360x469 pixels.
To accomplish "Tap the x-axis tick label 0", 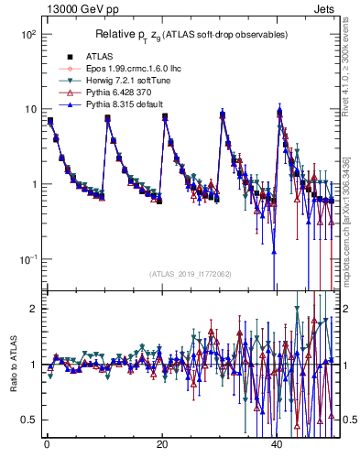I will coord(47,444).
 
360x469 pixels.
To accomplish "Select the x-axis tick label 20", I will coord(162,444).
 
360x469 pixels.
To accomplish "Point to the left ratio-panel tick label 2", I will coord(31,309).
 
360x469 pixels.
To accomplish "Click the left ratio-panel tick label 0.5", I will coord(27,420).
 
